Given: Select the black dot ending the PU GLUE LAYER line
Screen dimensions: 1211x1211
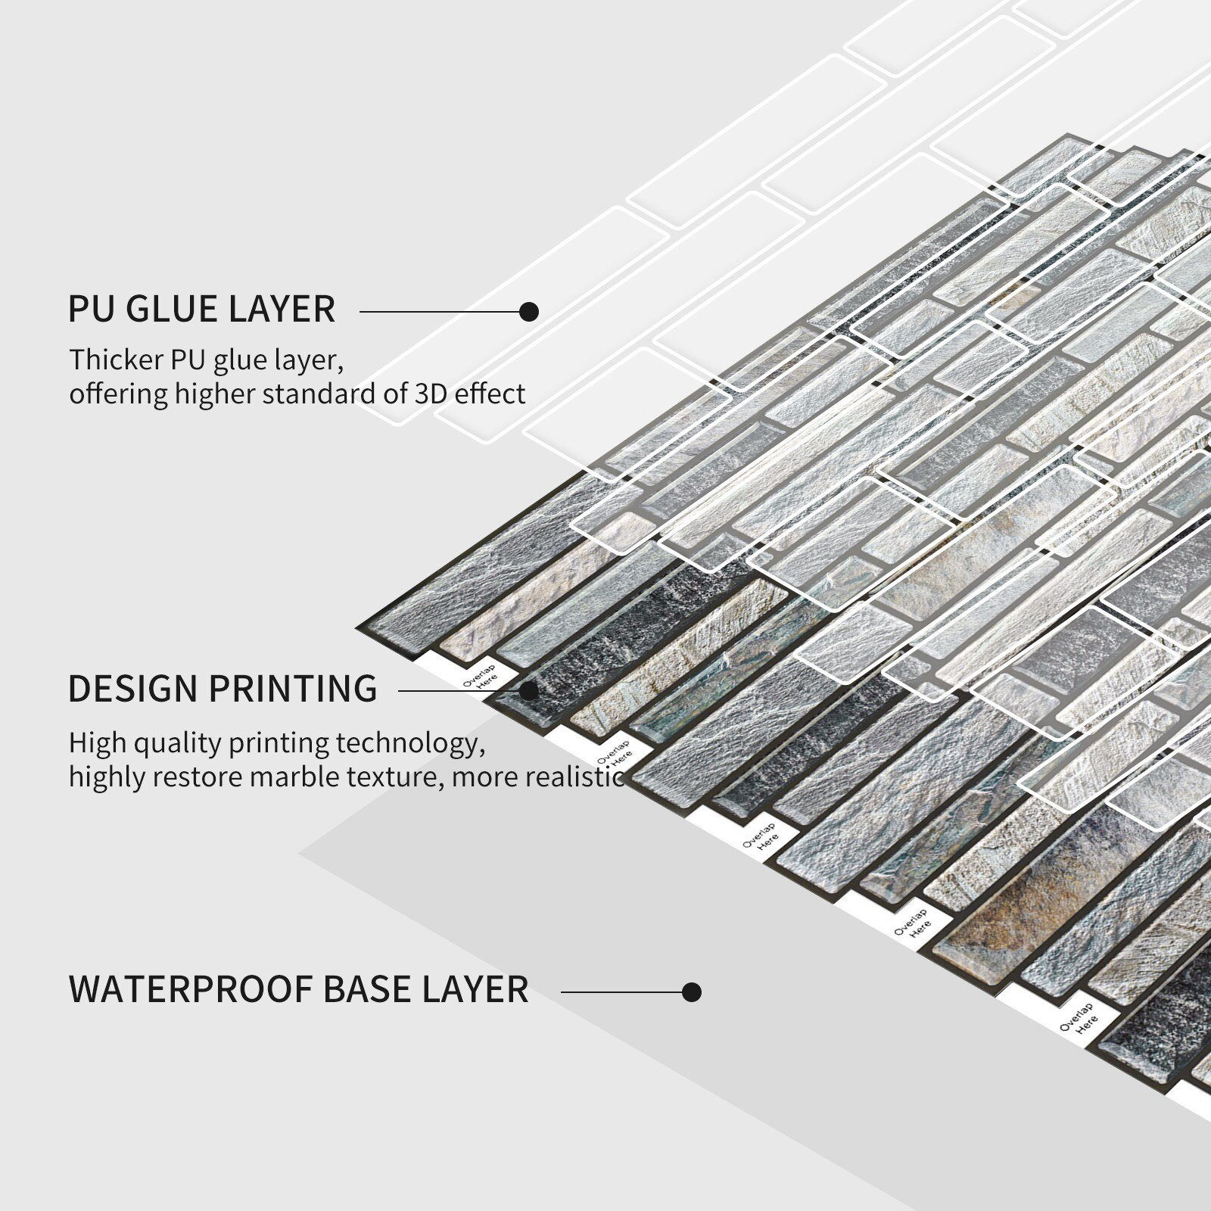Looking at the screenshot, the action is point(530,311).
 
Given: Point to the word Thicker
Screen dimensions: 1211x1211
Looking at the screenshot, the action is point(117,360).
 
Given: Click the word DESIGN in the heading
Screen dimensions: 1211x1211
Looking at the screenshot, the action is point(132,688).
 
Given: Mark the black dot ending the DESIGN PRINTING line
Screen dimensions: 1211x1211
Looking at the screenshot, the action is point(530,690).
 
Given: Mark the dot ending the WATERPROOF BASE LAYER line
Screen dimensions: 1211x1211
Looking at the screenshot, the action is point(691,992).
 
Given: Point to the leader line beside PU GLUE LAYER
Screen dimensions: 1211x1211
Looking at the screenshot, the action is point(441,311).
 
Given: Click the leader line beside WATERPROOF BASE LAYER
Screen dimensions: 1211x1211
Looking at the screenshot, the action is point(622,992).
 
